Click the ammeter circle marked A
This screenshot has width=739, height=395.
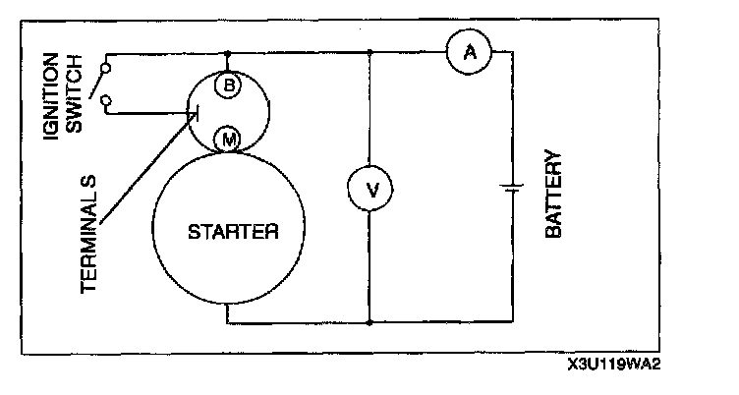(469, 55)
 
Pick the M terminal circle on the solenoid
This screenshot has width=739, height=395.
(229, 140)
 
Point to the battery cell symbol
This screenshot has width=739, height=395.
(512, 187)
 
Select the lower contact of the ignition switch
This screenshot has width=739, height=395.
(106, 98)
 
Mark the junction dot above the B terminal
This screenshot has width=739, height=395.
(228, 53)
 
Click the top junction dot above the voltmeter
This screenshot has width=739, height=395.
(370, 53)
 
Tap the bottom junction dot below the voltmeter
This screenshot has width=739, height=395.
(370, 321)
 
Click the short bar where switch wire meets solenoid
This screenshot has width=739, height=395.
(191, 113)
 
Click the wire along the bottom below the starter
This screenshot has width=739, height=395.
(295, 321)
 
